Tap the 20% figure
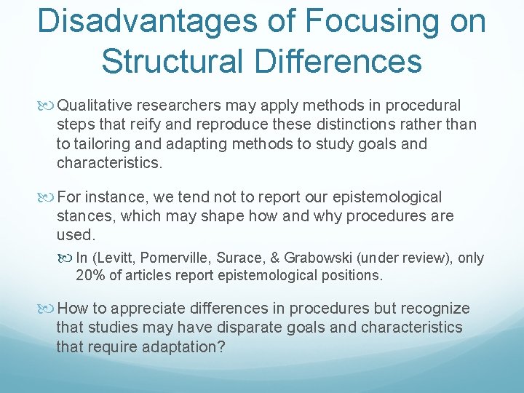(x=90, y=276)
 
